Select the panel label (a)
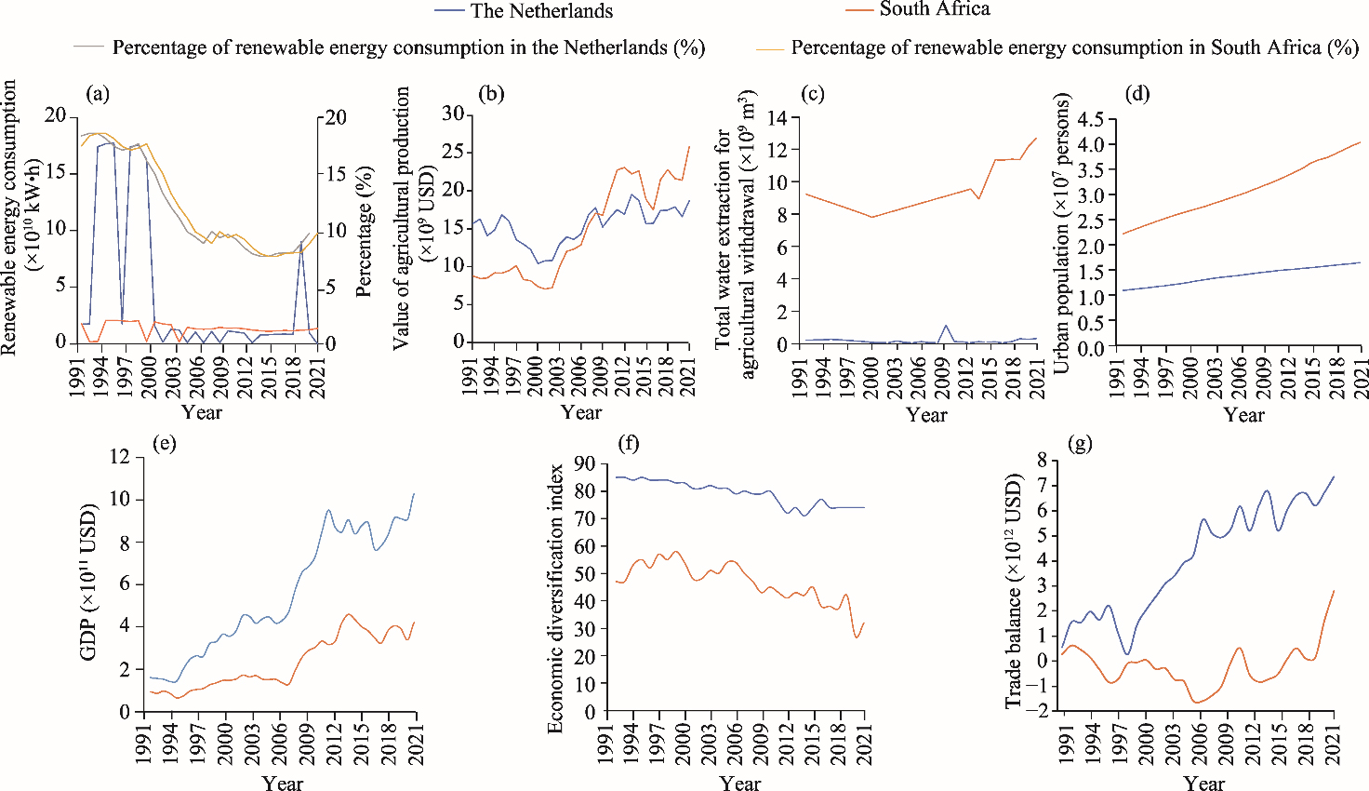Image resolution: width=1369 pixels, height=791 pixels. (x=98, y=93)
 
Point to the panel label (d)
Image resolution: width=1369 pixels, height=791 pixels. (x=1136, y=93)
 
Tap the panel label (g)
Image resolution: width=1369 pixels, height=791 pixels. (x=1081, y=444)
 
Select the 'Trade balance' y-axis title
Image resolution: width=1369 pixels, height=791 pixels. (x=1014, y=591)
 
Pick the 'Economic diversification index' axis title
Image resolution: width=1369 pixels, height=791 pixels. (x=556, y=598)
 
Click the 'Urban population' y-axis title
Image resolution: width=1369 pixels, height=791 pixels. (x=1062, y=233)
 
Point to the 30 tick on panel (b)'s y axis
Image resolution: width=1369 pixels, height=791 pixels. (x=452, y=114)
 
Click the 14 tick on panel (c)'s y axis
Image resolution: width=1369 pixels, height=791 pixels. (x=777, y=118)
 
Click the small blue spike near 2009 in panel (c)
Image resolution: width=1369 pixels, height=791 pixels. (x=946, y=326)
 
